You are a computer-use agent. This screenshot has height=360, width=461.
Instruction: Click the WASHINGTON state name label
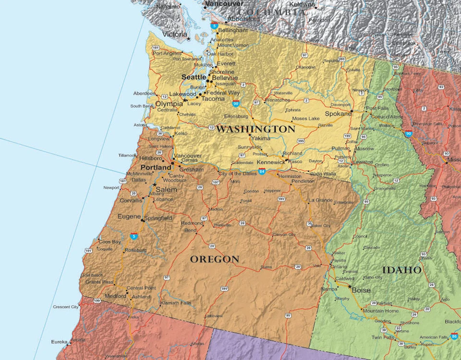255,129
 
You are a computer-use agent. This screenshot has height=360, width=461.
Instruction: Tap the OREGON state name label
214,260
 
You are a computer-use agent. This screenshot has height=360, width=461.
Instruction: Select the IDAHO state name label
401,270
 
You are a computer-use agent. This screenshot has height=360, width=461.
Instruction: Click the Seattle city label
194,77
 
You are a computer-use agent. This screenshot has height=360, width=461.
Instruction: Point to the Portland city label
156,167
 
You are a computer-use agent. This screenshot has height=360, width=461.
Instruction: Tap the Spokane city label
338,114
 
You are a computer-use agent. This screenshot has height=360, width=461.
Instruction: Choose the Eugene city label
129,217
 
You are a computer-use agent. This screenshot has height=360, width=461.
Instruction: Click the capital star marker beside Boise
350,286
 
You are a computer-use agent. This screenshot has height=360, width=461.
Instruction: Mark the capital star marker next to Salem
154,185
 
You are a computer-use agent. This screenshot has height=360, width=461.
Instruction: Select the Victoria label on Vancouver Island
174,34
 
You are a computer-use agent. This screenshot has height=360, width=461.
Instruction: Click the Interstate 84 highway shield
262,171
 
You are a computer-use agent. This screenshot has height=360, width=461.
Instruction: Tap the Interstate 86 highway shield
454,336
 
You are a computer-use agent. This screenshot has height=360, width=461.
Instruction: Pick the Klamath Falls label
175,303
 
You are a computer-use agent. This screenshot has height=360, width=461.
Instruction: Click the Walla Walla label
323,174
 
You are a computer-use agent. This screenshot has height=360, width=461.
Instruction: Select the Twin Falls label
383,337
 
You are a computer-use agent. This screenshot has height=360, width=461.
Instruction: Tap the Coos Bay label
110,242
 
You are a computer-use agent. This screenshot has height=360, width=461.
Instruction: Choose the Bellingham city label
233,30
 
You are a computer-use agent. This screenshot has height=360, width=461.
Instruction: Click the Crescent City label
66,307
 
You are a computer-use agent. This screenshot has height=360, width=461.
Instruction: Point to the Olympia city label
169,104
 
